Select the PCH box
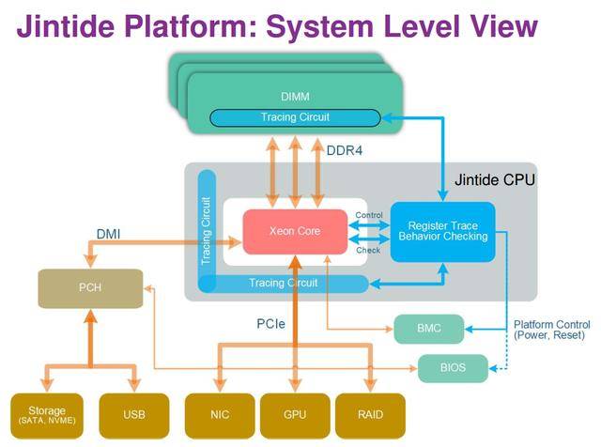(90, 289)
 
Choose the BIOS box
(454, 366)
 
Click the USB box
(133, 414)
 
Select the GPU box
(295, 414)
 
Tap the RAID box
(370, 414)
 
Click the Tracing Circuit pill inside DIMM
(295, 117)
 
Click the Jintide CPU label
(494, 178)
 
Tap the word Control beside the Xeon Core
(369, 215)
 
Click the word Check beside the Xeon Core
(368, 250)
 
